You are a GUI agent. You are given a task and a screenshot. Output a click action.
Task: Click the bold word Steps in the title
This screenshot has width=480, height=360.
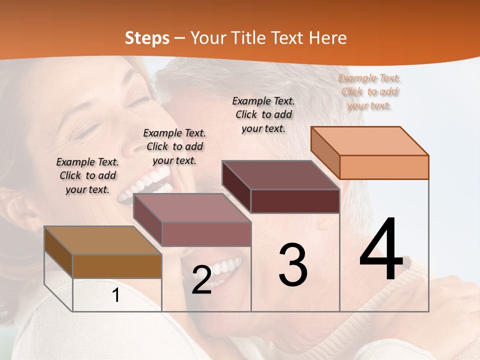click(x=146, y=38)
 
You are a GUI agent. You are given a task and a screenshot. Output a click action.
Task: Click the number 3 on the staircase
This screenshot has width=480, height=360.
click(x=293, y=264)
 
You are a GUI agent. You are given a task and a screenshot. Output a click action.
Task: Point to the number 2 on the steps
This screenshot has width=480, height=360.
click(x=201, y=279)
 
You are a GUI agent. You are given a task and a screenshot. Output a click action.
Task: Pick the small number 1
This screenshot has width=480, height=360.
click(x=116, y=295)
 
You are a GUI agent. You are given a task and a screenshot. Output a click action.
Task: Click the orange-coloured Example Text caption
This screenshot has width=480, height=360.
click(x=369, y=91)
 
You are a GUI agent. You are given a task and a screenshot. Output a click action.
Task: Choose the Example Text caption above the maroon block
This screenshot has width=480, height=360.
click(x=263, y=114)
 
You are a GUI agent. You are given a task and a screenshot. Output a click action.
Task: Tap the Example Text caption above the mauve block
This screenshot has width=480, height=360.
click(x=174, y=146)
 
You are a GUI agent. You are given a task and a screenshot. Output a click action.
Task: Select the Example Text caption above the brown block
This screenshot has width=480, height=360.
click(x=87, y=175)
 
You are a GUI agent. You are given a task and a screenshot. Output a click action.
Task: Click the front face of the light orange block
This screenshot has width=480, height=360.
click(x=384, y=167)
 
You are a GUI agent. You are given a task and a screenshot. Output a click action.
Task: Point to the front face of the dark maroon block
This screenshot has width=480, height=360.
click(x=295, y=201)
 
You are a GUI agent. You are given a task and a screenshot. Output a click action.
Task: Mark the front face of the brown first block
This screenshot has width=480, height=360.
click(x=117, y=266)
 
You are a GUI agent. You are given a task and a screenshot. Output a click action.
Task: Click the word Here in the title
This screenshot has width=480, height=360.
click(x=327, y=38)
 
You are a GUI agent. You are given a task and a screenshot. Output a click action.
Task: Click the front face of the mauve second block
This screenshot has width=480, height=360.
click(x=206, y=234)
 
